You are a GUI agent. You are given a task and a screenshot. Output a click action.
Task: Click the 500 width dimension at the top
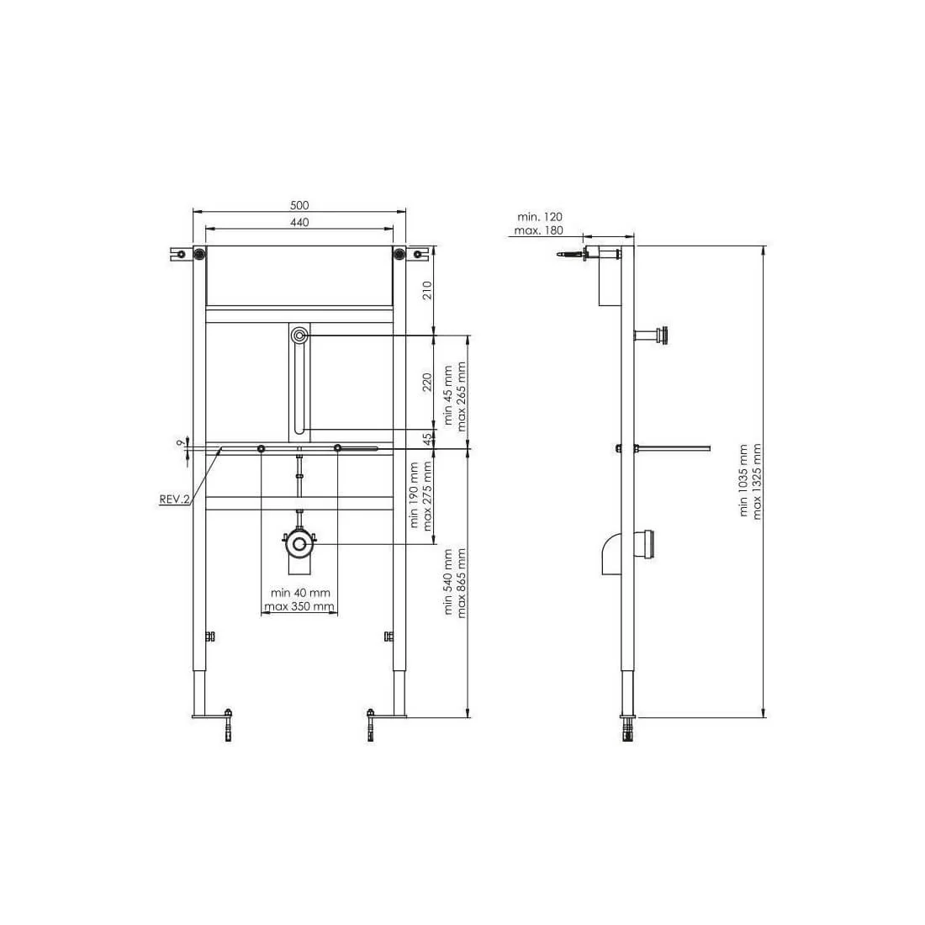[x=299, y=205]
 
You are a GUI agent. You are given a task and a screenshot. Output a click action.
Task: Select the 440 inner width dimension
[x=299, y=222]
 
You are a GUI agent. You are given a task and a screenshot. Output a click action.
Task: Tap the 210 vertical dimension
[x=427, y=289]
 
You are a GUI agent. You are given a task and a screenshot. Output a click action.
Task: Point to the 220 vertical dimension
[x=427, y=382]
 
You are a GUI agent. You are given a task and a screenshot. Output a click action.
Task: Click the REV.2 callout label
[x=175, y=499]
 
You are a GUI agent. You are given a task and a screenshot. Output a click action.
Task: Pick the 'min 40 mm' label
[x=300, y=593]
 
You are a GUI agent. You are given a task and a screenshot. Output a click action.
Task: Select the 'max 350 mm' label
[x=299, y=606]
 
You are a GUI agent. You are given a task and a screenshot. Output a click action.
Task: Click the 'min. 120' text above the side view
[x=540, y=217]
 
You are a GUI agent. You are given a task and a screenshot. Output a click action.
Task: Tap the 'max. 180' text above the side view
[x=538, y=230]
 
